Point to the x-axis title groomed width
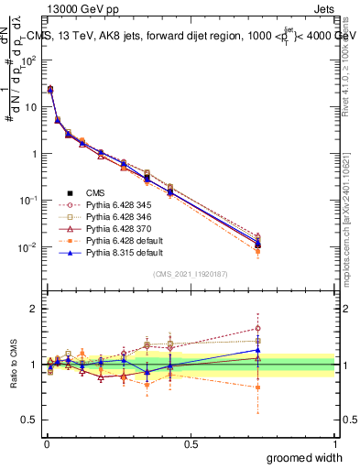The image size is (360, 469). [x=304, y=457]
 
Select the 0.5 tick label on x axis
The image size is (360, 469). [x=191, y=444]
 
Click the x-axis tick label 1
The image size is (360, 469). [x=334, y=444]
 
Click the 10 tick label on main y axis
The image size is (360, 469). [x=29, y=107]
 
